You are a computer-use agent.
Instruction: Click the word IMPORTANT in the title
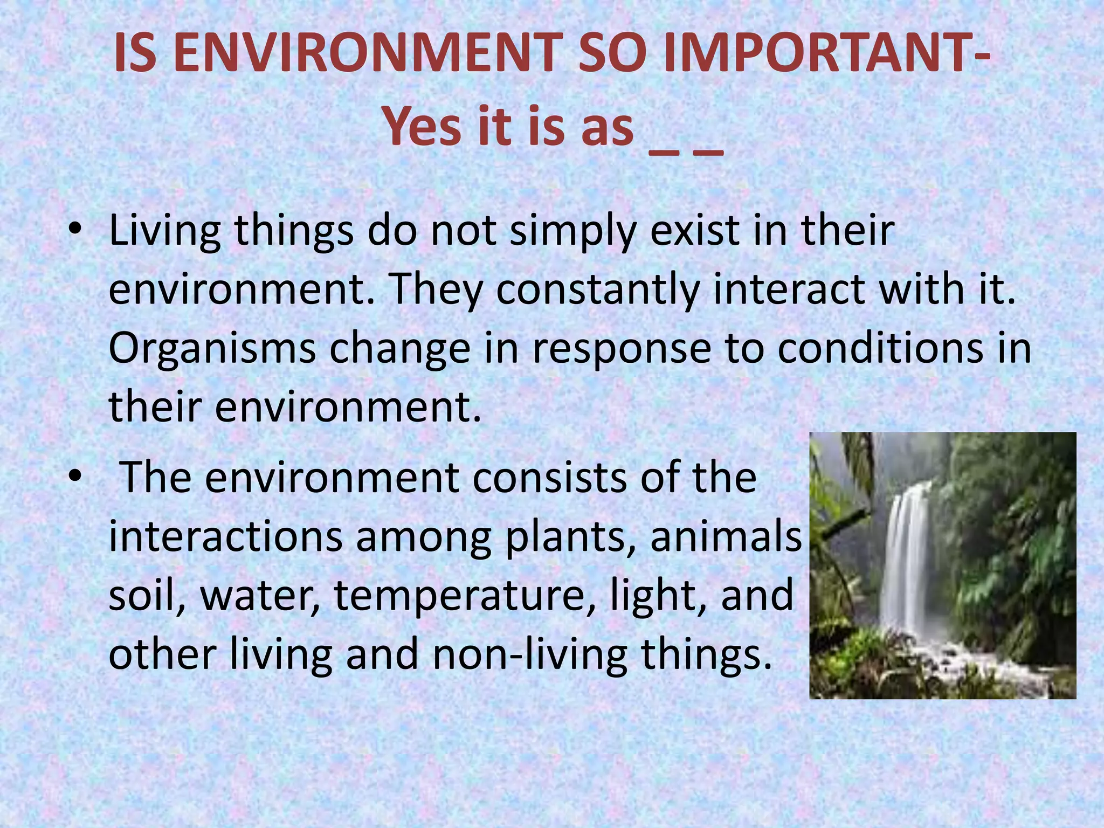click(x=819, y=54)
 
